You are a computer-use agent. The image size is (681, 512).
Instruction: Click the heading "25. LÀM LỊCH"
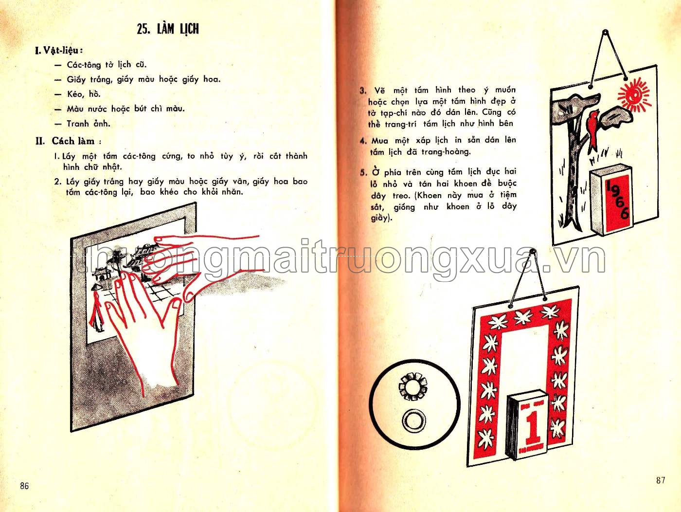[x=168, y=29]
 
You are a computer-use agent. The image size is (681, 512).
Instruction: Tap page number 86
[x=24, y=486]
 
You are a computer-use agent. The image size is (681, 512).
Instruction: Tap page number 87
[x=661, y=480]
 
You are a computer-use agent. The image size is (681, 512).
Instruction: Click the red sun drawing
[x=634, y=95]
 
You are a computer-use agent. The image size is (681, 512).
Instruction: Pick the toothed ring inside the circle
[x=412, y=386]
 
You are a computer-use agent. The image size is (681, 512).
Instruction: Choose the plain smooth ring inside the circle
[x=414, y=421]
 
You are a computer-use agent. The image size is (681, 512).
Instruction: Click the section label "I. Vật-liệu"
[x=59, y=51]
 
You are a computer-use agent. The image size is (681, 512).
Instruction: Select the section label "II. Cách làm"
[x=68, y=141]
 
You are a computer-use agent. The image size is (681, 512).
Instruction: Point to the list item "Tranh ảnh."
[x=89, y=124]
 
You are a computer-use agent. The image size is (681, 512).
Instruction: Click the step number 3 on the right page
[x=363, y=91]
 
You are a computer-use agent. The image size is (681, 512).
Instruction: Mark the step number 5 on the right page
[x=364, y=172]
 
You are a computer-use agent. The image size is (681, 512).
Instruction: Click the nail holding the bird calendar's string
[x=605, y=32]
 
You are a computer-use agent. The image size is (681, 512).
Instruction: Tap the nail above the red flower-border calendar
[x=532, y=251]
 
